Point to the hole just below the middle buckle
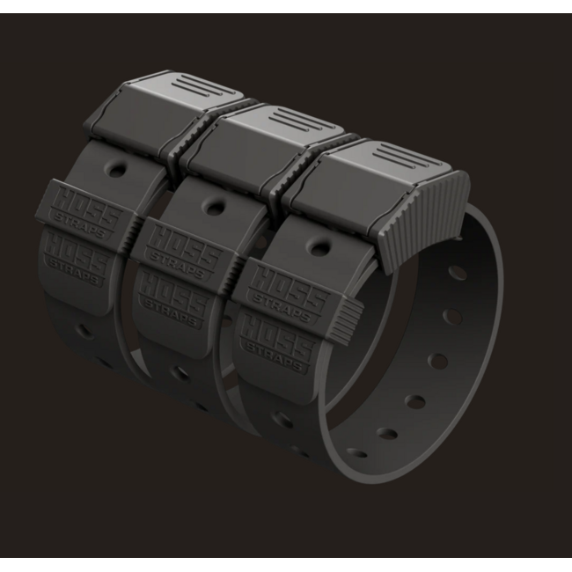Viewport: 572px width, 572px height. tap(213, 208)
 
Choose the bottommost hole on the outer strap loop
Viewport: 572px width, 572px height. tap(357, 454)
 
